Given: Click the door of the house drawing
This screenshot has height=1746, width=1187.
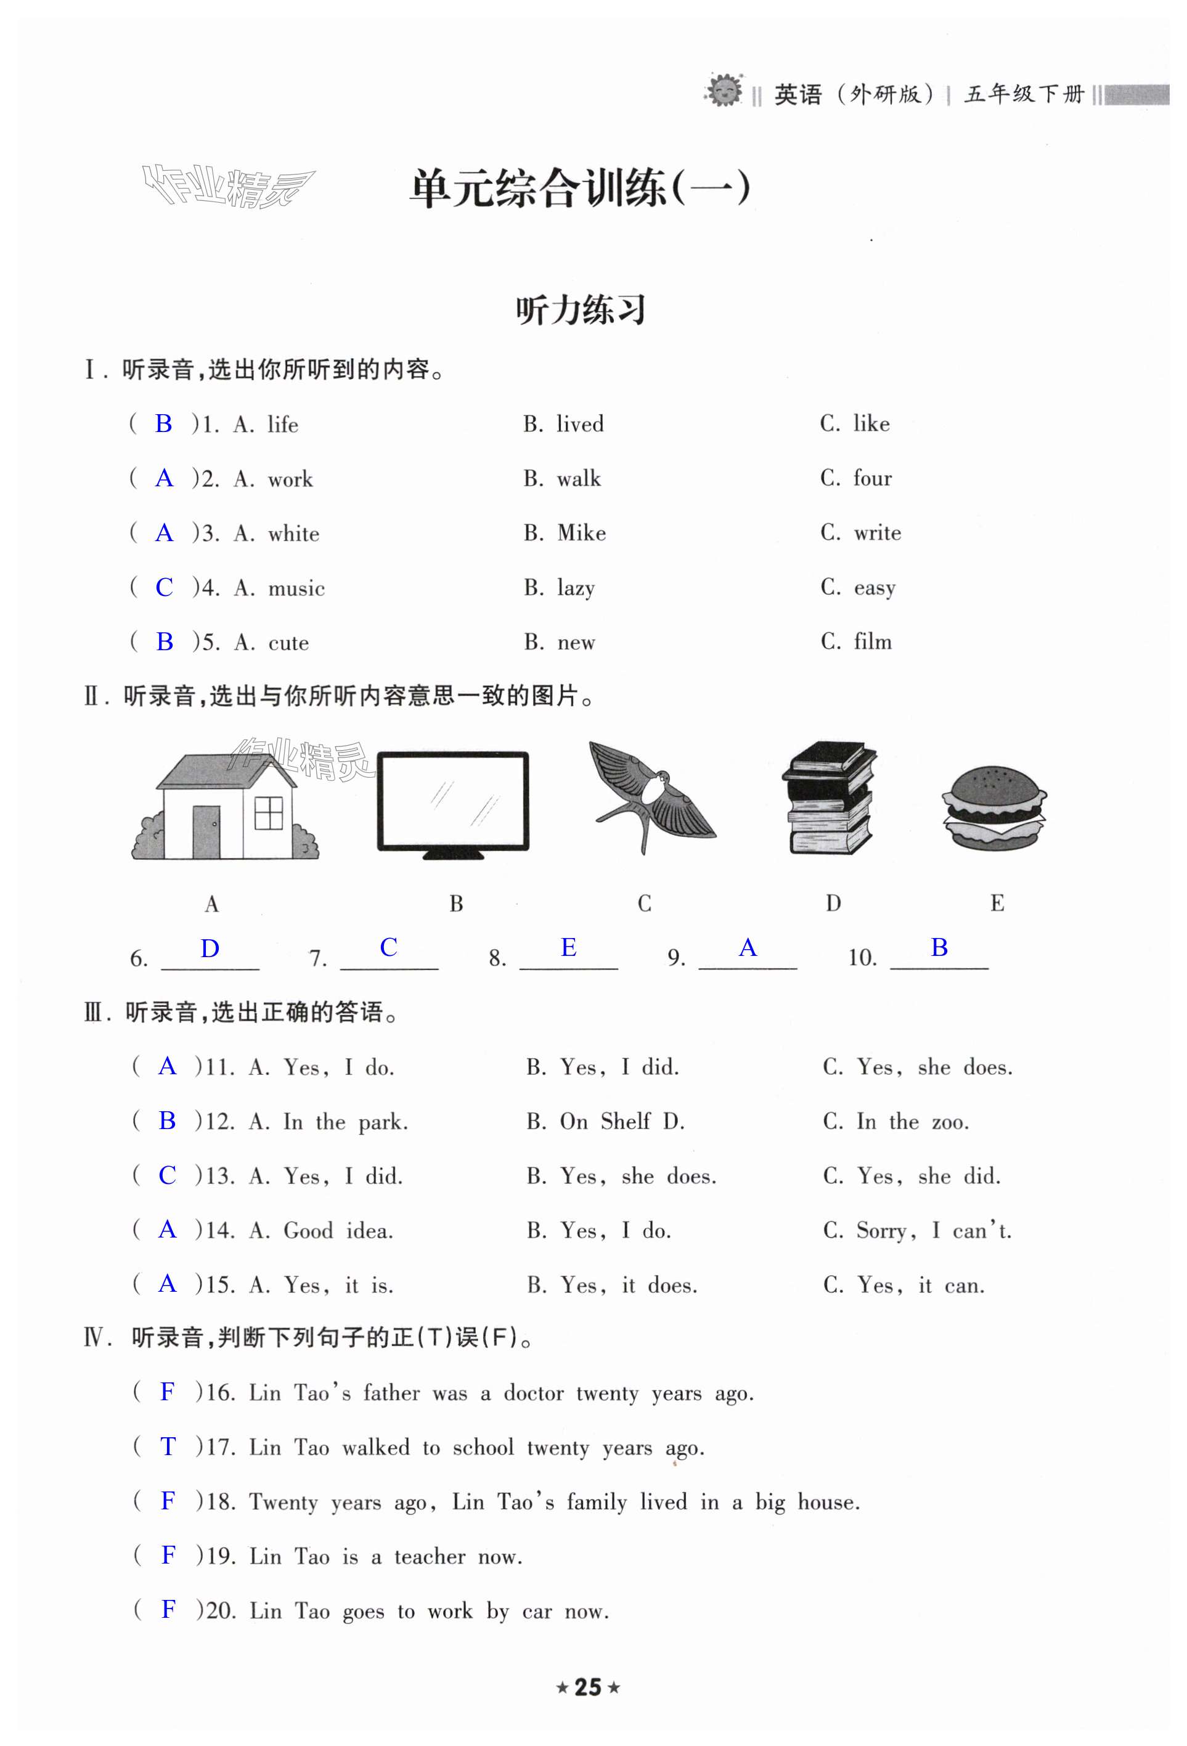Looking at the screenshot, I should point(206,831).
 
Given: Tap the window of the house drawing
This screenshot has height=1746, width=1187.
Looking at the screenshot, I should point(268,813).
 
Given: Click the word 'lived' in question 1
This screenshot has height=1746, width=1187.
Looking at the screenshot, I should point(579,424).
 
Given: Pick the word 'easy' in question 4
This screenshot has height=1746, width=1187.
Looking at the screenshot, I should point(875,587).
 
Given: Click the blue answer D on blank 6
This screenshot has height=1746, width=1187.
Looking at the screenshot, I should point(210,948).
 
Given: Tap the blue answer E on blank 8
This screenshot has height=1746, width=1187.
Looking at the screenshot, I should point(569,947).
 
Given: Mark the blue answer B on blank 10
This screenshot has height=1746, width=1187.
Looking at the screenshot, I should point(939,947).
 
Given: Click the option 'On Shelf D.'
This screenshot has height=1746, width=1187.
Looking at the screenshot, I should point(621,1122).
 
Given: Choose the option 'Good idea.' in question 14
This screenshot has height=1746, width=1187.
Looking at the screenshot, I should point(338,1231).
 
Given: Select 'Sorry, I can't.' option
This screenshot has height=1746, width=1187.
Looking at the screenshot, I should point(933,1231).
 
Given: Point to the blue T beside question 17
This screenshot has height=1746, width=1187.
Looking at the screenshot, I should point(168,1446).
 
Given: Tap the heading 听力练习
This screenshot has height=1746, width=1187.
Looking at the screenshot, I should point(581,309).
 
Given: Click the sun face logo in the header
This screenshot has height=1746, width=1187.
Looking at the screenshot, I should point(724,91).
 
